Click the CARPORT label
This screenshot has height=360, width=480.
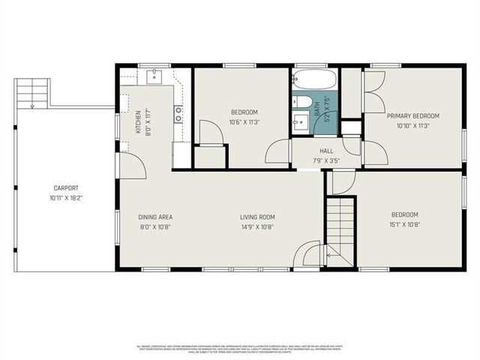66,188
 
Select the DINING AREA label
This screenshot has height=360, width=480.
155,217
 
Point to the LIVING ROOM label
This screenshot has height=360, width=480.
257,217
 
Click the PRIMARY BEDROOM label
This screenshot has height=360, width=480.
412,116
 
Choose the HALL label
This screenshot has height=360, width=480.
315,150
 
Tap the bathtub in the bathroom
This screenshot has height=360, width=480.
313,79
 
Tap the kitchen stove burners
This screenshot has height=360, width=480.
179,113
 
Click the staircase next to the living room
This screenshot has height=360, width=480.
340,225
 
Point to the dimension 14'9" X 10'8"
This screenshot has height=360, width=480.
257,226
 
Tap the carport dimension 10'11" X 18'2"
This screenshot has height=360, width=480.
66,198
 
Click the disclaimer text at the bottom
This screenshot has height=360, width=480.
240,349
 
